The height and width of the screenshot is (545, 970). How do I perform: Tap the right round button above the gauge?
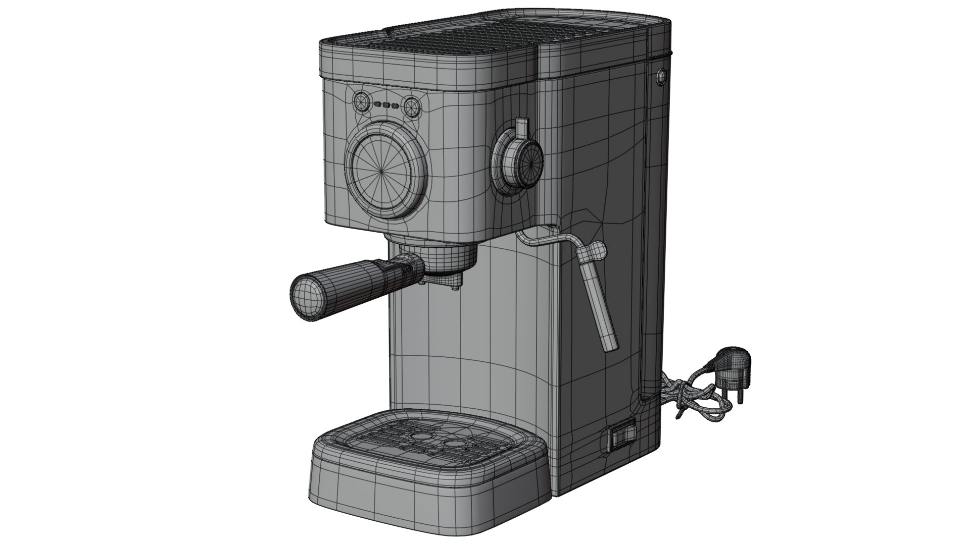(x=411, y=107)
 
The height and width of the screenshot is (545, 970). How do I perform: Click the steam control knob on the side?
(x=520, y=160)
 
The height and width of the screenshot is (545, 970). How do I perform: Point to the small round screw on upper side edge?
(x=661, y=76)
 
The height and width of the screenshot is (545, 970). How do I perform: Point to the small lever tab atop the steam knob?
(x=522, y=127)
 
